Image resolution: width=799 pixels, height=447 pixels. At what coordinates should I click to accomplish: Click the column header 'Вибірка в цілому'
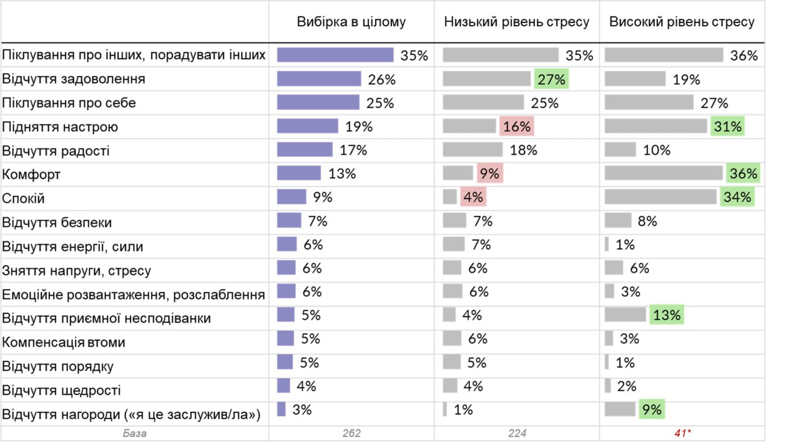351,22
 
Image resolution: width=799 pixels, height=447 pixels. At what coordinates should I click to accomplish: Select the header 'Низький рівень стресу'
517,22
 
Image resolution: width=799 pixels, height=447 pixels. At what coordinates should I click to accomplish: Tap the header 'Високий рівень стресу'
682,22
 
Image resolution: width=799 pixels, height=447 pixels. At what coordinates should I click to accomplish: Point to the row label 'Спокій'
24,199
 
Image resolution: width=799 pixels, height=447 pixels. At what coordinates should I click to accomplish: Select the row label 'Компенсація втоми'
64,342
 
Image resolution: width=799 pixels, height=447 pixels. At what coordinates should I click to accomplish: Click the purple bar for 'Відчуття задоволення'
319,79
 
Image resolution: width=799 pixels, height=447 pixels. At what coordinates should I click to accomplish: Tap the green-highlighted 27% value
551,79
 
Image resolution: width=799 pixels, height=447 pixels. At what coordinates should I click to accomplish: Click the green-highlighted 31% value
728,127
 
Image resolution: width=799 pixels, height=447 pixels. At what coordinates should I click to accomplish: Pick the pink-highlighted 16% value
516,127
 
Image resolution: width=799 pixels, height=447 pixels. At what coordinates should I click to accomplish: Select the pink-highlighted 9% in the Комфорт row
489,174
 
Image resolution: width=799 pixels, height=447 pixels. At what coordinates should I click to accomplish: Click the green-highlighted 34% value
737,197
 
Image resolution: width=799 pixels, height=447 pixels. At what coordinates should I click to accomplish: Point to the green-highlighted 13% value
667,315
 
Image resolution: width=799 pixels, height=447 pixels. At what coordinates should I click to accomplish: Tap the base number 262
351,433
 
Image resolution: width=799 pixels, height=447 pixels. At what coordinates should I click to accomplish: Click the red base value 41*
682,433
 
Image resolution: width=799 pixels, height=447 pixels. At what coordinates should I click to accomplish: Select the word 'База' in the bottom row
135,433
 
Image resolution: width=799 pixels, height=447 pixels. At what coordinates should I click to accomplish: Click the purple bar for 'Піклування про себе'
318,102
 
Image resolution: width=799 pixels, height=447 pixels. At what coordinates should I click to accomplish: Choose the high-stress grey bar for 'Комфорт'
664,173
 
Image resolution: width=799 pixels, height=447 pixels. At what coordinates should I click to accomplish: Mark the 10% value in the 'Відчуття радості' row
657,150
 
